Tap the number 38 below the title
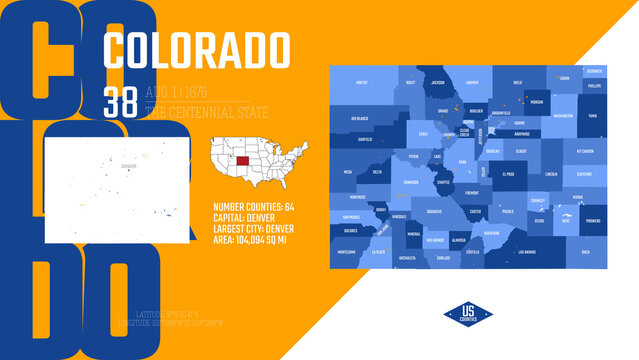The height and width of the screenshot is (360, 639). coord(122,100)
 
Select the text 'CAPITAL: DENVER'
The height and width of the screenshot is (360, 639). coord(245,216)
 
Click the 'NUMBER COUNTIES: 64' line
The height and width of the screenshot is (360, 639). coord(254,206)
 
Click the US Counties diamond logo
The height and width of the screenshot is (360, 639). coord(468,313)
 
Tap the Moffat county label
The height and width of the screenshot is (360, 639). coord(362,83)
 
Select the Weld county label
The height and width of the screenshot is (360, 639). coord(517,83)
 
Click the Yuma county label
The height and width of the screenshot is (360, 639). coord(592,115)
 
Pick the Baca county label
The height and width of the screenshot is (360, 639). coord(586,251)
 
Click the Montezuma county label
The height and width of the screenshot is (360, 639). coord(347,252)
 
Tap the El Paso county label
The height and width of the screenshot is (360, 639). coord(508,174)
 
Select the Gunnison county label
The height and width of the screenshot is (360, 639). coord(411,183)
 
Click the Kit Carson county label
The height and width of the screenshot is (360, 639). coord(585,151)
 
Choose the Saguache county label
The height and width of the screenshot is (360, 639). coord(433,211)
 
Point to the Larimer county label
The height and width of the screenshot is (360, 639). coord(472,83)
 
